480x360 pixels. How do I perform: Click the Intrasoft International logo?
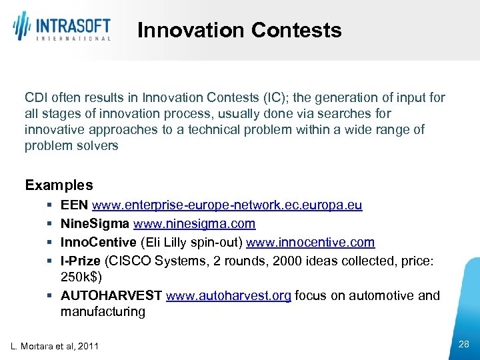click(x=61, y=27)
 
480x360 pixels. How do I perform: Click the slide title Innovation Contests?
click(x=239, y=30)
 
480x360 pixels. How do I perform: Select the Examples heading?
click(x=59, y=185)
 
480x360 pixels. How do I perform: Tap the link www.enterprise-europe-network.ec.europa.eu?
click(x=227, y=205)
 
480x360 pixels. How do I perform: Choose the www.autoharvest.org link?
click(x=228, y=295)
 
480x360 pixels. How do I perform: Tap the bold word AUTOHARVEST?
click(x=111, y=295)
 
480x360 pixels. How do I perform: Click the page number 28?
click(x=464, y=344)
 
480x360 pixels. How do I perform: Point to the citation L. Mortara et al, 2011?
click(x=55, y=346)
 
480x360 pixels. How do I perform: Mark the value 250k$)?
click(x=81, y=277)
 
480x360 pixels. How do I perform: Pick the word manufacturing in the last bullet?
click(x=103, y=311)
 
